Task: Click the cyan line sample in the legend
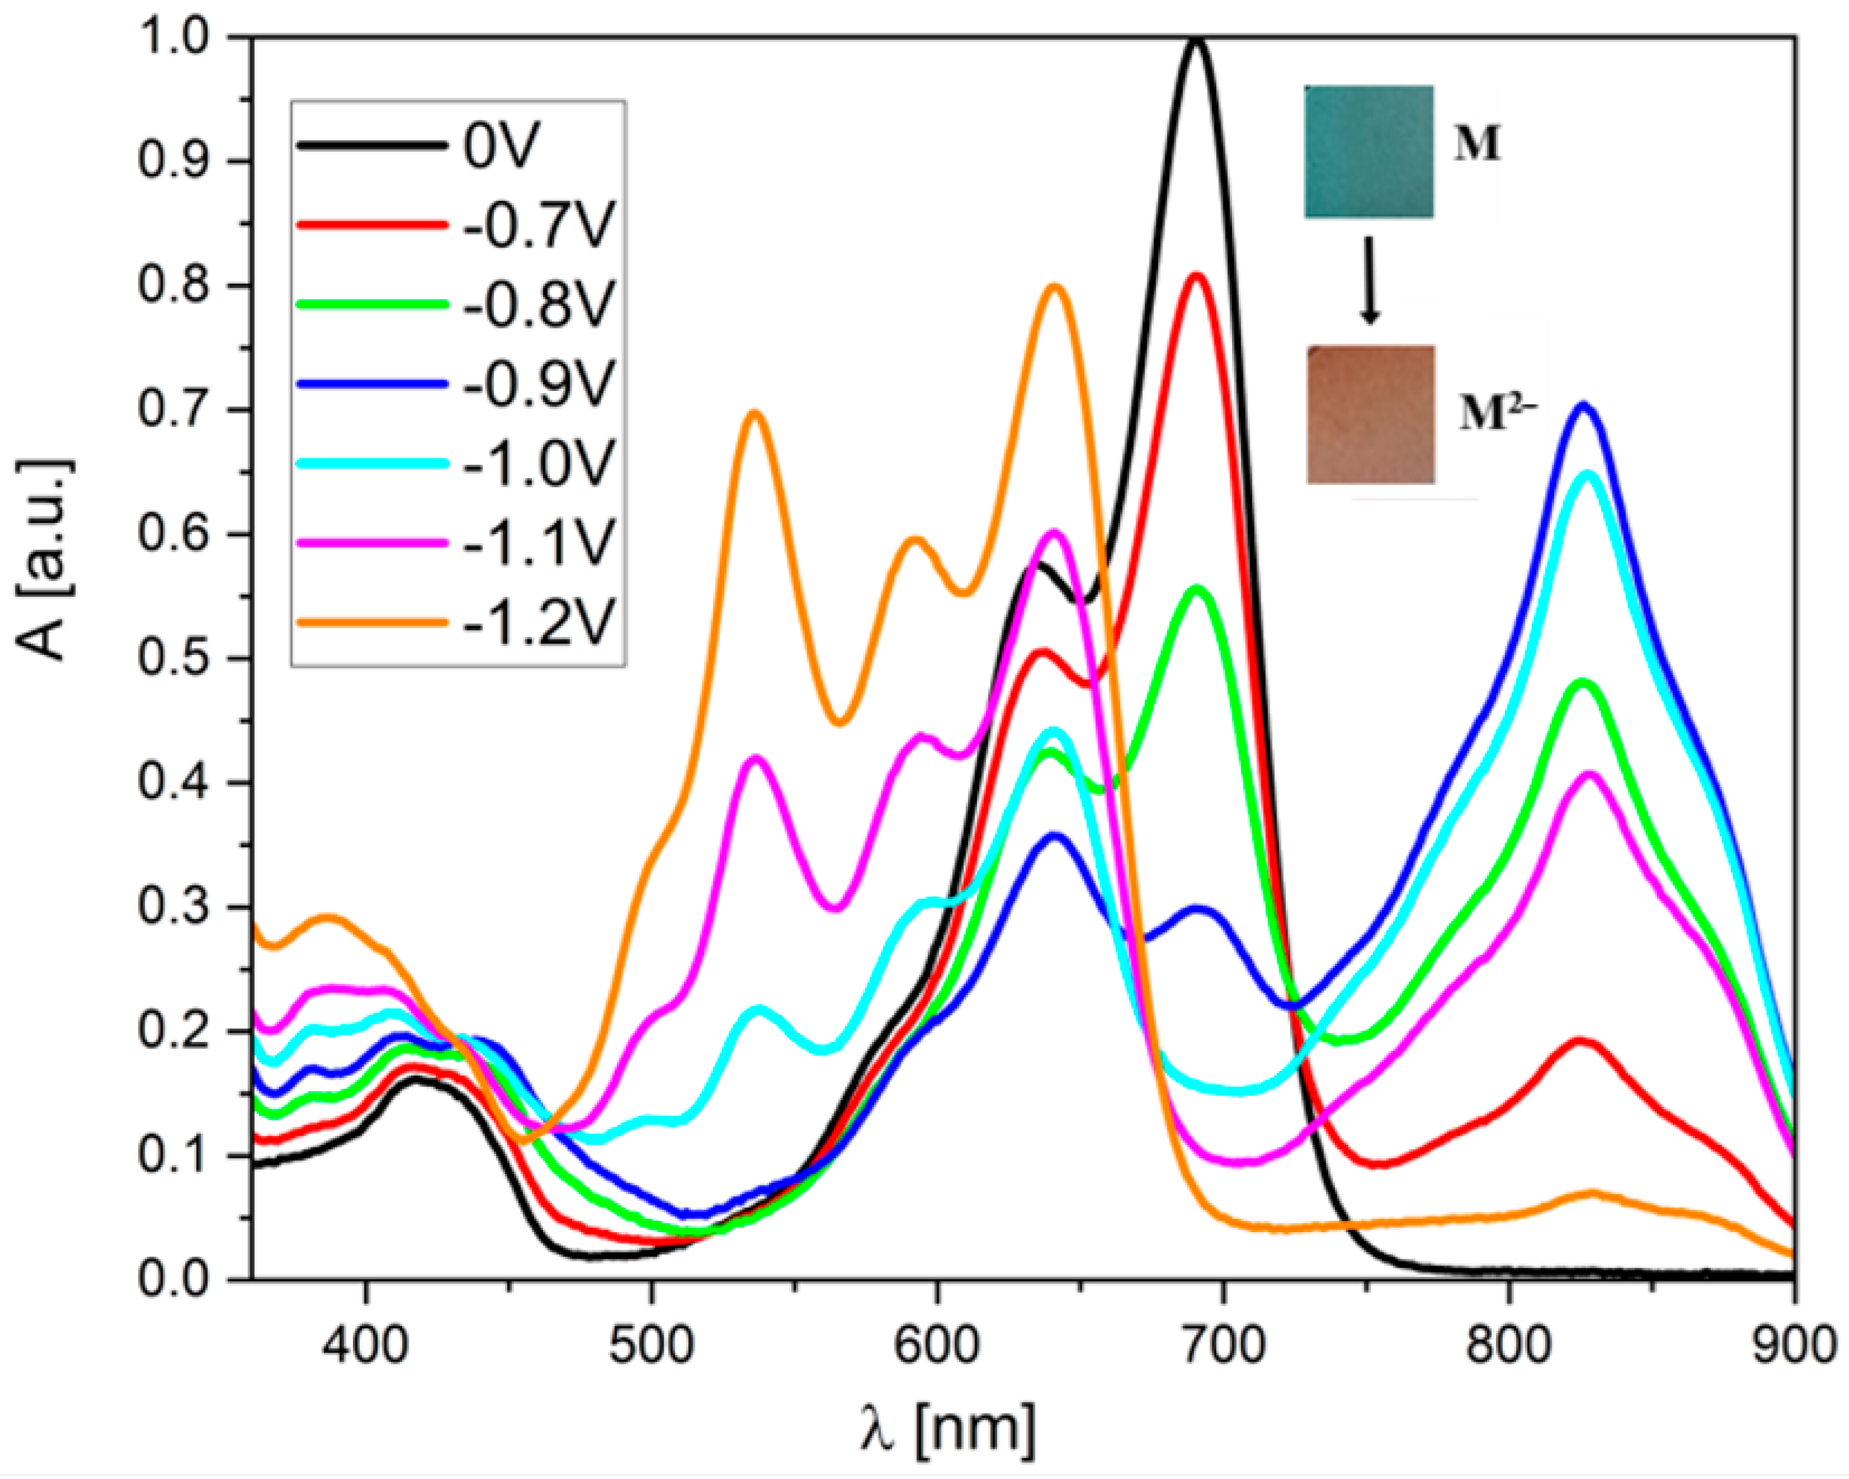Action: tap(372, 463)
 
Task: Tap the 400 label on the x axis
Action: tap(366, 1345)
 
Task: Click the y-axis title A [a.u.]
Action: tap(45, 561)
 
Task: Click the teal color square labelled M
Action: tap(1368, 151)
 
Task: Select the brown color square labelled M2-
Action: tap(1370, 414)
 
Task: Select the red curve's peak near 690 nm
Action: tap(1195, 276)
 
